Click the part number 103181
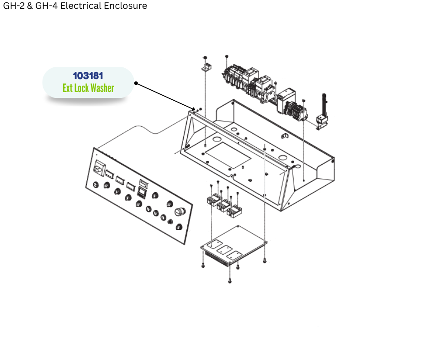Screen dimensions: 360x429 point(88,76)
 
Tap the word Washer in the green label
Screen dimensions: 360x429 point(102,88)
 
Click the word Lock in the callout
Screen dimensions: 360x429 point(81,88)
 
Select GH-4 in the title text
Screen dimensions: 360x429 point(46,6)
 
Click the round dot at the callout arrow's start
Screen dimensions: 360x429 point(136,83)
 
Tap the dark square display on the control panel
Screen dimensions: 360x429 point(141,192)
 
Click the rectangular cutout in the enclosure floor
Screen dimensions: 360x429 point(228,155)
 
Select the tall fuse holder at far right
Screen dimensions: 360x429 point(323,112)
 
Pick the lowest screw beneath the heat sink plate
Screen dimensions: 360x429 point(230,281)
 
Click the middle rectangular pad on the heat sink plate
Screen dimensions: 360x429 point(225,250)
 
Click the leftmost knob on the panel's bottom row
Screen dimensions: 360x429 point(96,185)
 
